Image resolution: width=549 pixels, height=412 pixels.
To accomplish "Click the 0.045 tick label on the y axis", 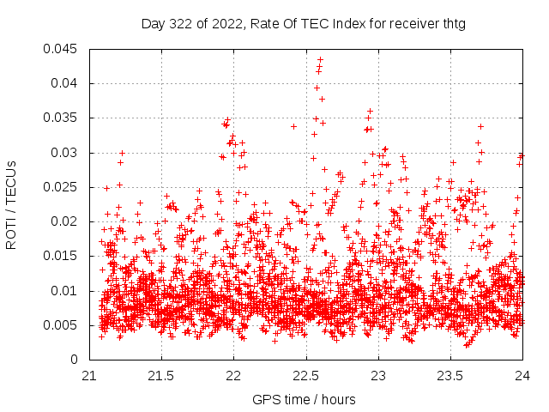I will [62, 49].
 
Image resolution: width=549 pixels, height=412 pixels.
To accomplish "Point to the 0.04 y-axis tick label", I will [65, 83].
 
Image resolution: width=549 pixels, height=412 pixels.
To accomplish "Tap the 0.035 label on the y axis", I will [62, 118].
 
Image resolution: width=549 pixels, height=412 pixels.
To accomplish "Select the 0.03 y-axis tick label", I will [65, 153].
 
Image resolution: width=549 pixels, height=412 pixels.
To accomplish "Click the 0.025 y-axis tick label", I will [62, 187].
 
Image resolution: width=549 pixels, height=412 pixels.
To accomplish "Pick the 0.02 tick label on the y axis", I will [65, 221].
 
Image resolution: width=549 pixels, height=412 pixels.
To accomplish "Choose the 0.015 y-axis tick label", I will [62, 256].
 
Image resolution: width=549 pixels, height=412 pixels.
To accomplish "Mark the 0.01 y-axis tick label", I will [65, 290].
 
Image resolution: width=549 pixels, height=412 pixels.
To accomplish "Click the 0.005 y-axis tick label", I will [62, 324].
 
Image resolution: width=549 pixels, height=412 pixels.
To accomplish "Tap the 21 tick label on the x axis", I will [89, 375].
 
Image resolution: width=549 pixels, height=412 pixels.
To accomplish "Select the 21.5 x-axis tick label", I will [161, 375].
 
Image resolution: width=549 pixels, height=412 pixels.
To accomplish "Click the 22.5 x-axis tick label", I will [306, 375].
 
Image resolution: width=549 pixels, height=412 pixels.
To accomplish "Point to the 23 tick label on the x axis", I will [378, 375].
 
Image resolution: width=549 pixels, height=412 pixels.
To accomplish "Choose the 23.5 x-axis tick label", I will [450, 375].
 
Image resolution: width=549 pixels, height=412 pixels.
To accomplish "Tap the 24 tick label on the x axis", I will [522, 375].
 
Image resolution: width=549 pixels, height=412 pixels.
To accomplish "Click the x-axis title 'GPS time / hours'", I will [305, 399].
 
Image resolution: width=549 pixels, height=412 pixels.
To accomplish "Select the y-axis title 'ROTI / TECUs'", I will [12, 204].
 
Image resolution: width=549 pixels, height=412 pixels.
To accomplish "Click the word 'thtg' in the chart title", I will [453, 24].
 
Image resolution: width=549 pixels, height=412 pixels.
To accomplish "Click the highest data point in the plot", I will [320, 60].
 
